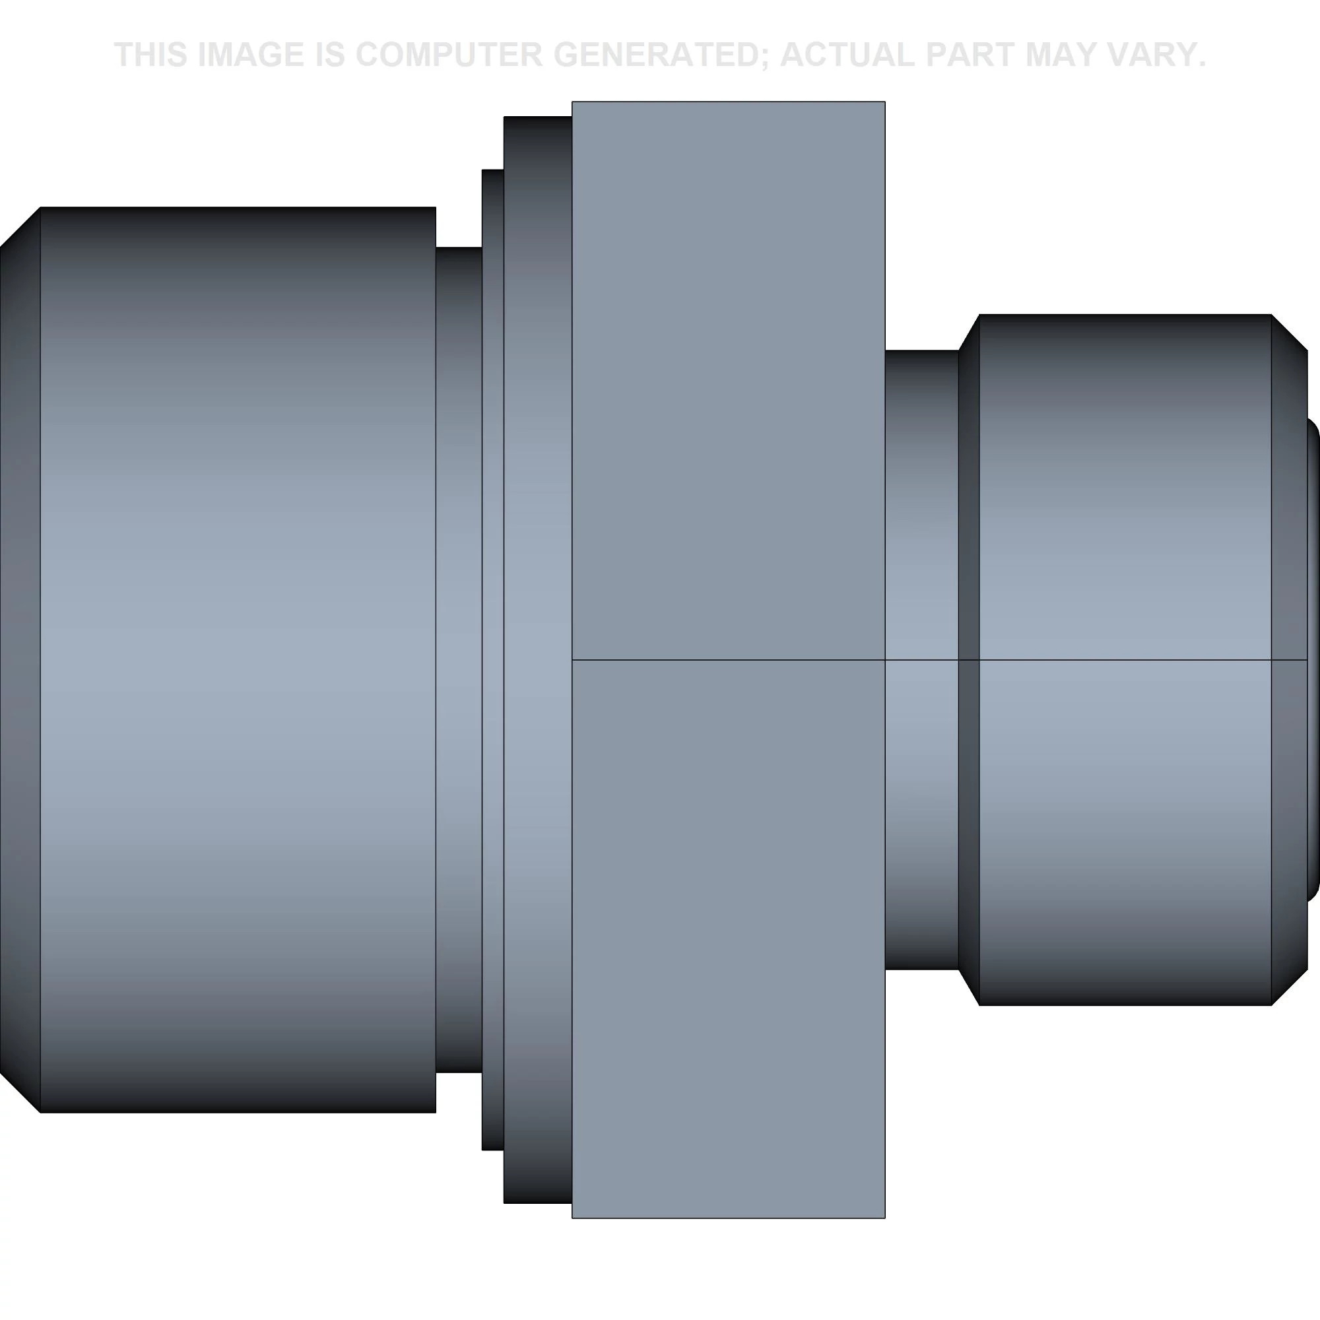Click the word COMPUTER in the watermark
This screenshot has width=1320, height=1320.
pos(449,55)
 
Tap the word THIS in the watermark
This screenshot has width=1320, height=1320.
pos(151,55)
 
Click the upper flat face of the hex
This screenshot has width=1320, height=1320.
pos(729,381)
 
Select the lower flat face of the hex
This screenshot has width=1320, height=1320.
pos(729,939)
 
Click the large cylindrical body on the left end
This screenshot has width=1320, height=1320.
pos(238,659)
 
